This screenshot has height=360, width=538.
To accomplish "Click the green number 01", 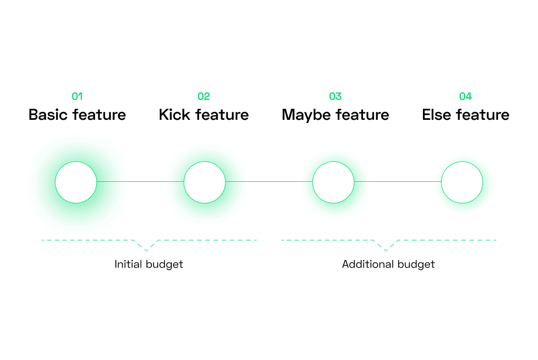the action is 77,96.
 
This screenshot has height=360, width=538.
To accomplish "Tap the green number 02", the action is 203,96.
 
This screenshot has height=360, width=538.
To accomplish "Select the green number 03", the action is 335,96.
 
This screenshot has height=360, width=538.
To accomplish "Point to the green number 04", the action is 465,96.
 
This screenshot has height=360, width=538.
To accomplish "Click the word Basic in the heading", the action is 48,115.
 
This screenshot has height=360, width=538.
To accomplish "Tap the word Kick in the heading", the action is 174,115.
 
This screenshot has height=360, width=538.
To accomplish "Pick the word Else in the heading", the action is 436,115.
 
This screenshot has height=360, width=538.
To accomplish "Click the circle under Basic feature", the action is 76,162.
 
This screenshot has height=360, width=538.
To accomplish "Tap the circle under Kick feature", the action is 204,162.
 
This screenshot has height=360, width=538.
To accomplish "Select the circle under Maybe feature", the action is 333,162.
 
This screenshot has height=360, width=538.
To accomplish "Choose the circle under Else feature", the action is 462,162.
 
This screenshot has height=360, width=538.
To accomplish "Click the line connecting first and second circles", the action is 140,181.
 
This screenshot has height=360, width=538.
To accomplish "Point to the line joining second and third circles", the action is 269,181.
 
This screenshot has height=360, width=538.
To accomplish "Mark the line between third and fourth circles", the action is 398,181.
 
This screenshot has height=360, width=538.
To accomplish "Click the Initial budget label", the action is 149,264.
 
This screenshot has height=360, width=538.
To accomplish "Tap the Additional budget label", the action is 388,264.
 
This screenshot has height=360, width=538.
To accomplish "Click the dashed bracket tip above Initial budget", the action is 146,251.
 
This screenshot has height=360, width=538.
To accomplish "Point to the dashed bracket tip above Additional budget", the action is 386,251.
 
